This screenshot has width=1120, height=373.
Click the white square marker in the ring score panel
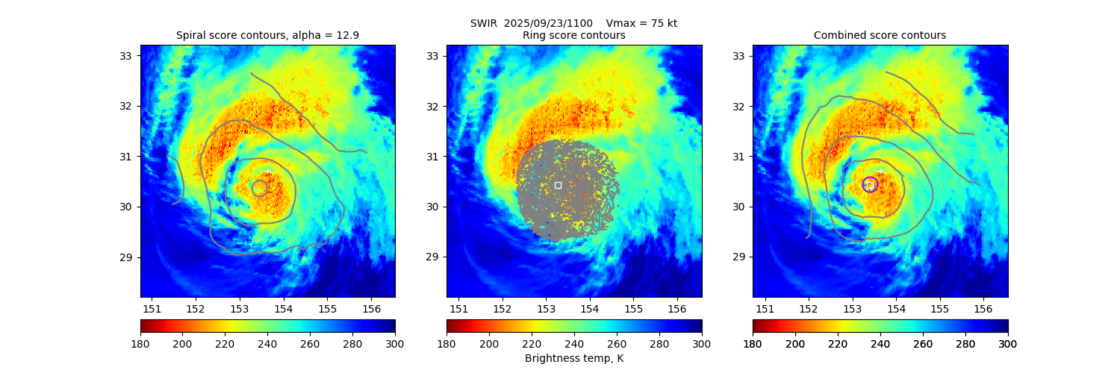[558, 185]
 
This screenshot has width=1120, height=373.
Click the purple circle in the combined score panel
[870, 184]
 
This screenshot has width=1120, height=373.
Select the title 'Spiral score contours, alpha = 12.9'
[267, 35]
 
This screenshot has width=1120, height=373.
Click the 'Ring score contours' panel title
[573, 35]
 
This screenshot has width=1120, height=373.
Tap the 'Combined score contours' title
[880, 35]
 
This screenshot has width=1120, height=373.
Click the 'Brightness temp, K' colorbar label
[573, 358]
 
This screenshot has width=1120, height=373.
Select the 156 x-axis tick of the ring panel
[677, 308]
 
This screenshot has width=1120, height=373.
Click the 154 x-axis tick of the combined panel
[896, 308]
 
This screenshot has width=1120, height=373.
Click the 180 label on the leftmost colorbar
[140, 343]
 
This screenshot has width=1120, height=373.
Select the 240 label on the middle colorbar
[574, 343]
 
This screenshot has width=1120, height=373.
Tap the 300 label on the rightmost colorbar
[1008, 343]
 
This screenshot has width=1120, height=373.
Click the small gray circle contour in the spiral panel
[259, 189]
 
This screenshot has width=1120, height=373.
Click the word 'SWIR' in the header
[483, 23]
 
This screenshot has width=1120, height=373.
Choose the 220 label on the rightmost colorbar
[838, 343]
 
